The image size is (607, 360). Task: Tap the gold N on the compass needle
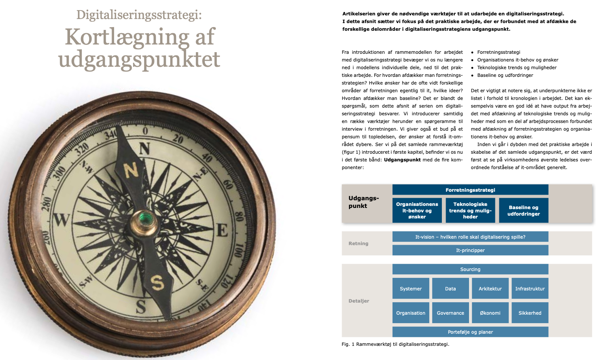point(131,170)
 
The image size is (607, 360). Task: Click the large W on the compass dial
point(61,220)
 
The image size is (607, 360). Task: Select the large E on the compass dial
point(222,231)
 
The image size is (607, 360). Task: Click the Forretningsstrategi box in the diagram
point(470,190)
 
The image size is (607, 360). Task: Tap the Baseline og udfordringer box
point(524,210)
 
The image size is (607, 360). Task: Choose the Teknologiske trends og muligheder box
point(470,210)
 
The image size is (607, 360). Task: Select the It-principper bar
point(470,250)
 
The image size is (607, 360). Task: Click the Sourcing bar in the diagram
point(470,269)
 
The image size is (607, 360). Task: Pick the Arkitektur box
point(490,288)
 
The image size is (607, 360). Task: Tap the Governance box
point(450,313)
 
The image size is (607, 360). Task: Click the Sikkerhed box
point(530,313)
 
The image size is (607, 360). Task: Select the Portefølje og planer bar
point(470,332)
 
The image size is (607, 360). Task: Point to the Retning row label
point(359,244)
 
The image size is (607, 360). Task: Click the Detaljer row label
point(359,301)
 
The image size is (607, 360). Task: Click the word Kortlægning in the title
point(127,37)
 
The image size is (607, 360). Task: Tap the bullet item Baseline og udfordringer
point(505,75)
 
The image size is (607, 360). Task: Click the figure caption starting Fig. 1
point(395,344)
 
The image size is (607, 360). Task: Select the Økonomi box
point(490,313)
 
